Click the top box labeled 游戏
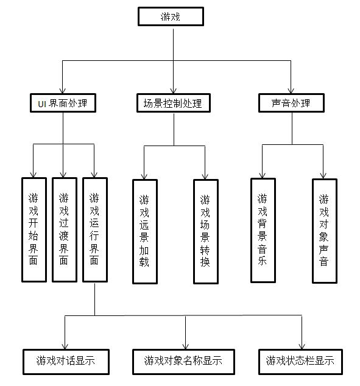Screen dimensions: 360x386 [171, 16]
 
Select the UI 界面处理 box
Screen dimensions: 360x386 [63, 103]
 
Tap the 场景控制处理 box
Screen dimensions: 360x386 [174, 103]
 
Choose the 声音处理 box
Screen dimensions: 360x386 [291, 103]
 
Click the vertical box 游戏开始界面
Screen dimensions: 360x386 [34, 230]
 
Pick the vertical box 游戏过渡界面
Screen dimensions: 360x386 [65, 230]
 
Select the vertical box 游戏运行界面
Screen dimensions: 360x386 [95, 230]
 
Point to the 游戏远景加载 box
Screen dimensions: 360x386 [145, 231]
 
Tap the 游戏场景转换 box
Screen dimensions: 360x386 [206, 231]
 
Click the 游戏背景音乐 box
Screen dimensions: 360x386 [263, 231]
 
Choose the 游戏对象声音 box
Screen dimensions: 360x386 [325, 231]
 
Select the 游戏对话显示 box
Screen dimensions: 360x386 [66, 362]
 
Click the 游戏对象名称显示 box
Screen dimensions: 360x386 [183, 362]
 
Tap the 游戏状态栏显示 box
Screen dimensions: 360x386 [300, 362]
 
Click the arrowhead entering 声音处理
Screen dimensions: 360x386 [291, 91]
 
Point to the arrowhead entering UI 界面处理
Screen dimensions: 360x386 [62, 91]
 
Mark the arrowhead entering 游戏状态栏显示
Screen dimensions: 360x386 [302, 346]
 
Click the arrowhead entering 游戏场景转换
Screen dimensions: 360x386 [205, 177]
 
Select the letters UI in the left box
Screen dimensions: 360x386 [42, 104]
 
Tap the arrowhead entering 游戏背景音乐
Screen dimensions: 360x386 [263, 175]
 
